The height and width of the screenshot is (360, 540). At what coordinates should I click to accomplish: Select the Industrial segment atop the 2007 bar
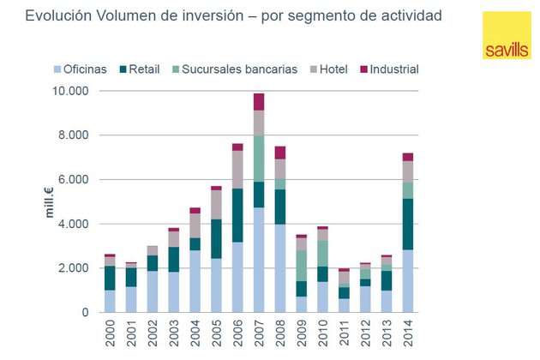pyautogui.click(x=259, y=101)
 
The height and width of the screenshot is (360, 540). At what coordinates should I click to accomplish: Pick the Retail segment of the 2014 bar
pyautogui.click(x=408, y=224)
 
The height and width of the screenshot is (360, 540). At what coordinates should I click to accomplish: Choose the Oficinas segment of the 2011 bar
pyautogui.click(x=345, y=305)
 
